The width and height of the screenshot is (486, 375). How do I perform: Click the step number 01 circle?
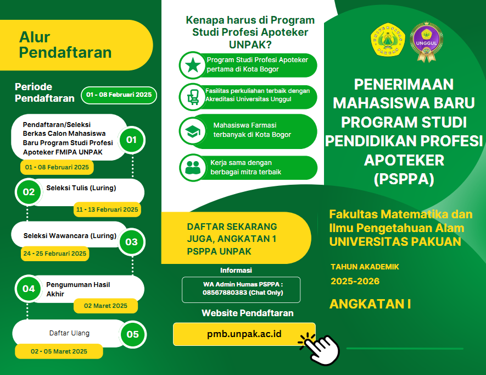pyautogui.click(x=132, y=140)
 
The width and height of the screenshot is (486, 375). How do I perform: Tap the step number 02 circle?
pyautogui.click(x=29, y=192)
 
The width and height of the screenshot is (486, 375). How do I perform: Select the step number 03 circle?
pyautogui.click(x=132, y=242)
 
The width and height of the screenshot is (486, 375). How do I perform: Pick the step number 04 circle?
pyautogui.click(x=29, y=289)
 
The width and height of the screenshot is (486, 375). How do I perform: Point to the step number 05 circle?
pyautogui.click(x=132, y=334)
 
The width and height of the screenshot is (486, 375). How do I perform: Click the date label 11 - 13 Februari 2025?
pyautogui.click(x=107, y=209)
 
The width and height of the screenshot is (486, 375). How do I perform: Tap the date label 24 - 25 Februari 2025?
pyautogui.click(x=54, y=253)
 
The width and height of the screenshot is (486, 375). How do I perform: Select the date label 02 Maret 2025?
pyautogui.click(x=105, y=306)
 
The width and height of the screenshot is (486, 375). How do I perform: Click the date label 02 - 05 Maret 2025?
pyautogui.click(x=59, y=351)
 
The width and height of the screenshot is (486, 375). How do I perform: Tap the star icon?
pyautogui.click(x=192, y=65)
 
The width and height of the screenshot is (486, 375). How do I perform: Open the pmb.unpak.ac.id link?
pyautogui.click(x=244, y=334)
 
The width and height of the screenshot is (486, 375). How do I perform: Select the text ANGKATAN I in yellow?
pyautogui.click(x=370, y=304)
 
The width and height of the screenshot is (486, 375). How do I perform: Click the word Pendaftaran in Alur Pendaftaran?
pyautogui.click(x=65, y=53)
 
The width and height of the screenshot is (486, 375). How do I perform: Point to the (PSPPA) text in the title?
pyautogui.click(x=404, y=179)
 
